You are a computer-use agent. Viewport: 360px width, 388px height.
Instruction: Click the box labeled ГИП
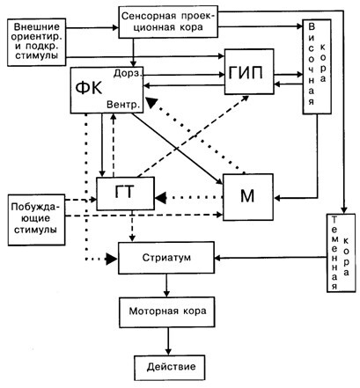(249, 71)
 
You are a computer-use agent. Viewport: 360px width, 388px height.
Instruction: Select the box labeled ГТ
(125, 194)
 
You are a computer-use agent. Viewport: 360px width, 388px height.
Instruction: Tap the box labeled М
(248, 197)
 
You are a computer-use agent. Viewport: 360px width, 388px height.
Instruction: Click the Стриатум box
(166, 258)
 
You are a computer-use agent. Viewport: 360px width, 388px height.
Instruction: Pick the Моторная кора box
(166, 311)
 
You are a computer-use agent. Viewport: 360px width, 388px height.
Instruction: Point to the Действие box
(170, 368)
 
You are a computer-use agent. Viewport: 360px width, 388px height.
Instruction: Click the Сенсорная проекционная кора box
(168, 22)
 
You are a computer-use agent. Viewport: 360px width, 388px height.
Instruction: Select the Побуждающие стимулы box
(36, 220)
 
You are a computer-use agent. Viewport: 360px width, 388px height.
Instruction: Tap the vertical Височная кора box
(317, 67)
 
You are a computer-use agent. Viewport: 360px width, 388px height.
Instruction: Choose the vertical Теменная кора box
(342, 253)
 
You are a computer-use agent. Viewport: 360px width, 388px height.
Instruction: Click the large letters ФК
(89, 88)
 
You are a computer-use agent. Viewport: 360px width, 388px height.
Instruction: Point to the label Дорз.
(128, 73)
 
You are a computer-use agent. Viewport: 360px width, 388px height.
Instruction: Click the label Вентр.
(123, 105)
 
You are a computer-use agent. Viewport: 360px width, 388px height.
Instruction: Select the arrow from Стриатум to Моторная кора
(166, 285)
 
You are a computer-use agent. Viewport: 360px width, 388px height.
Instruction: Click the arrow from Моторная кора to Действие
(168, 341)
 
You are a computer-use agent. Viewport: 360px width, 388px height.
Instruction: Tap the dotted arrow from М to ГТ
(188, 198)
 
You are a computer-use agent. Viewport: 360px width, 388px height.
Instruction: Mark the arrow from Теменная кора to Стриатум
(270, 258)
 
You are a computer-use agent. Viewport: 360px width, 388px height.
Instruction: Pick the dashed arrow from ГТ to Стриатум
(132, 226)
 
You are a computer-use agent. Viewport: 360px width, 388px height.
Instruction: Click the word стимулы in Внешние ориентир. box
(36, 55)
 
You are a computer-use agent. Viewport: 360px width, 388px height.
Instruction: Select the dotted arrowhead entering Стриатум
(112, 259)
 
